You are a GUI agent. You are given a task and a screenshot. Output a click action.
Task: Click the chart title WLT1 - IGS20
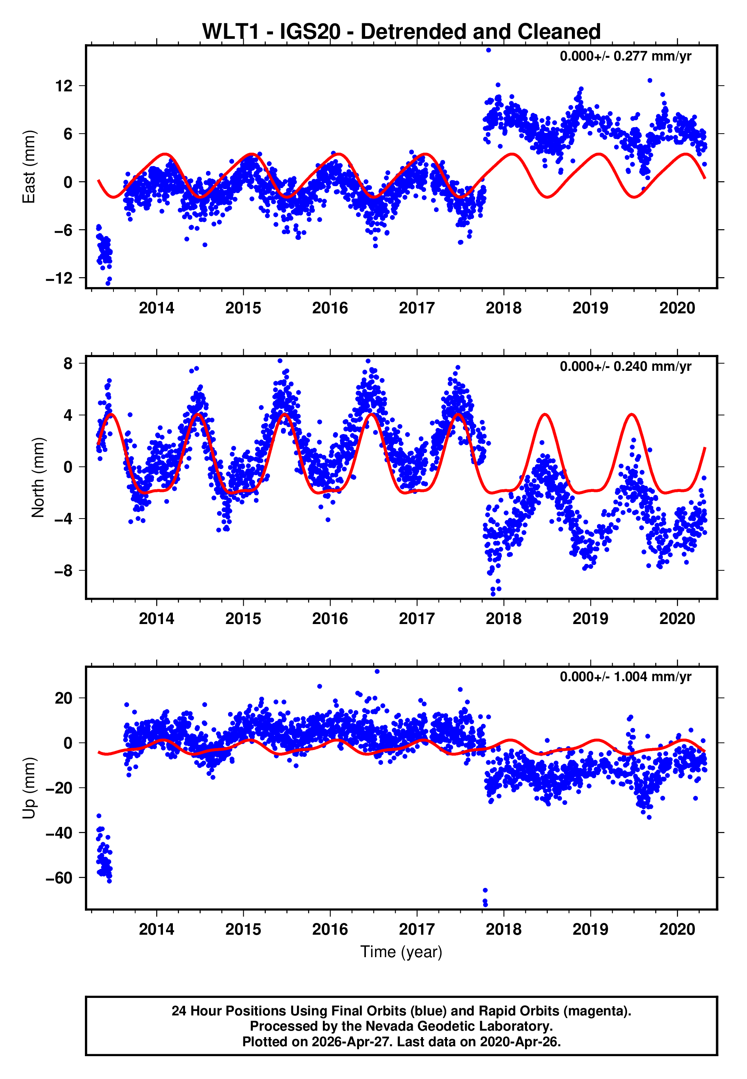(401, 32)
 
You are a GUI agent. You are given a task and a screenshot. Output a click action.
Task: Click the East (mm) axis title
(29, 167)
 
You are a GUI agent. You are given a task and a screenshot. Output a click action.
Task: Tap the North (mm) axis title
(37, 477)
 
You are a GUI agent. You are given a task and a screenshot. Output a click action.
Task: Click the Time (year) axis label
(401, 952)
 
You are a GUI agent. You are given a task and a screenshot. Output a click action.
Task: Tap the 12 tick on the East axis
(64, 86)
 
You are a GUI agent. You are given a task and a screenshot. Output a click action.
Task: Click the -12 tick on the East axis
(59, 278)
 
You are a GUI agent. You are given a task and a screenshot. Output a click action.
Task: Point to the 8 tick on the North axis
(68, 364)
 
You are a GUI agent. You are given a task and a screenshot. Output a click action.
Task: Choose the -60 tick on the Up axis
(59, 878)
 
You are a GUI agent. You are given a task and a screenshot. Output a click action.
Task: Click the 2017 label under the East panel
(417, 308)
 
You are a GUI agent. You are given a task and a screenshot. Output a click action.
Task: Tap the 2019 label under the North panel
(590, 619)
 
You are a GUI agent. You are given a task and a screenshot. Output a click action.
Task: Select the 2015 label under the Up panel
(243, 929)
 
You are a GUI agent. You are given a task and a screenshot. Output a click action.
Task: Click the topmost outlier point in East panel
(488, 50)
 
